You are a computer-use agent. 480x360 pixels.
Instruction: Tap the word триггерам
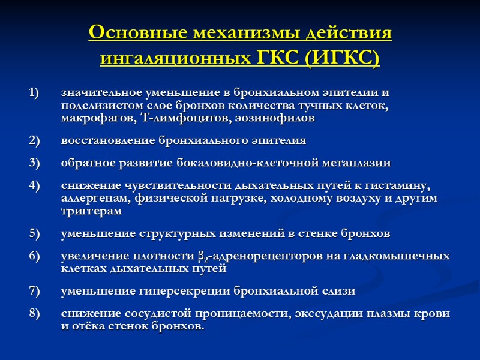91,211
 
